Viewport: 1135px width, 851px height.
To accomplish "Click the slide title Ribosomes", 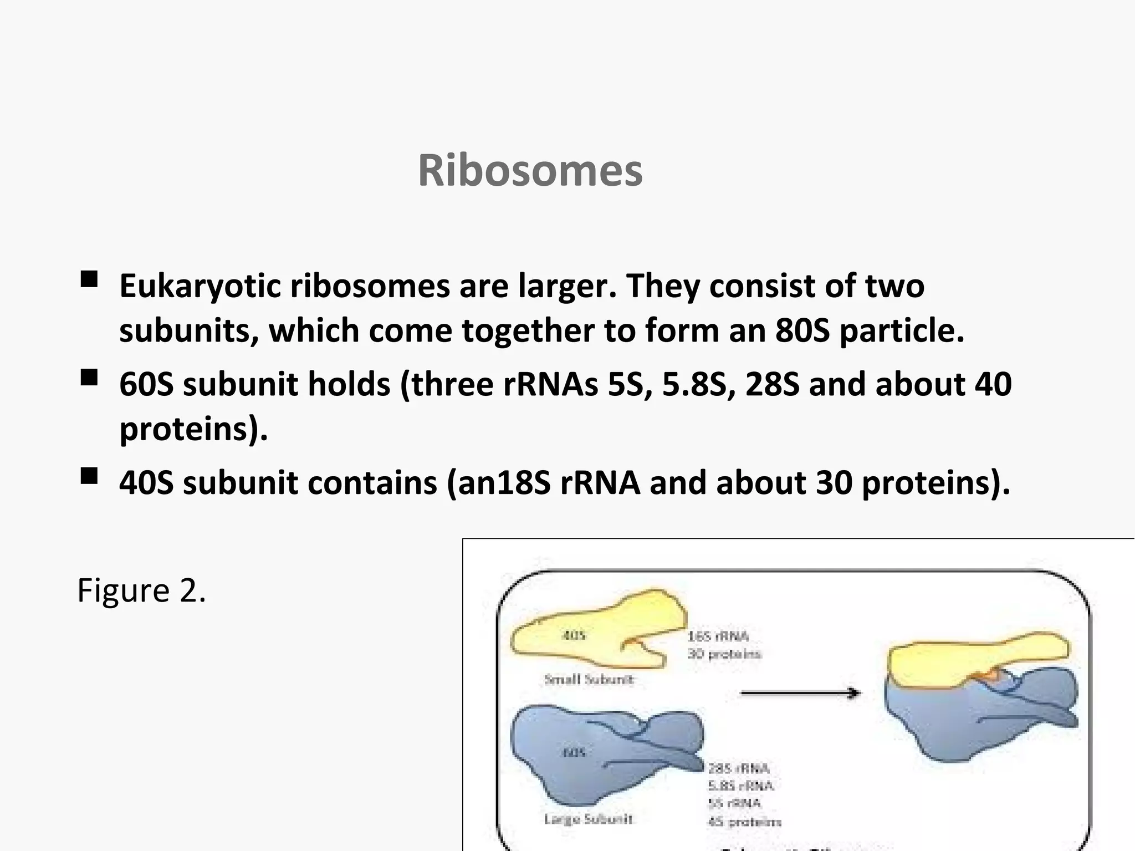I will coord(530,171).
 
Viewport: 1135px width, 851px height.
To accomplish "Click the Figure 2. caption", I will coord(141,590).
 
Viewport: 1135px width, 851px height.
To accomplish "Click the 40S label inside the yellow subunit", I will coord(574,635).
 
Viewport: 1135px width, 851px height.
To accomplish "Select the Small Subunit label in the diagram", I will coord(589,679).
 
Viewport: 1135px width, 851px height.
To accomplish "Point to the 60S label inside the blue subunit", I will coord(574,752).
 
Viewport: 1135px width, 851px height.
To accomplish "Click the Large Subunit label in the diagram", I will coord(588,819).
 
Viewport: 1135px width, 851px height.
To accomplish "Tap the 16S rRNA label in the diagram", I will coord(718,636).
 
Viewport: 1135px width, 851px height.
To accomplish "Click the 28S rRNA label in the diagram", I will coord(739,768).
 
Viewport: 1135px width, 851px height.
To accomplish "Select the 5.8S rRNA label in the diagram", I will coord(740,786).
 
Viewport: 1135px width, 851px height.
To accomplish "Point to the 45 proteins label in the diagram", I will coord(744,822).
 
